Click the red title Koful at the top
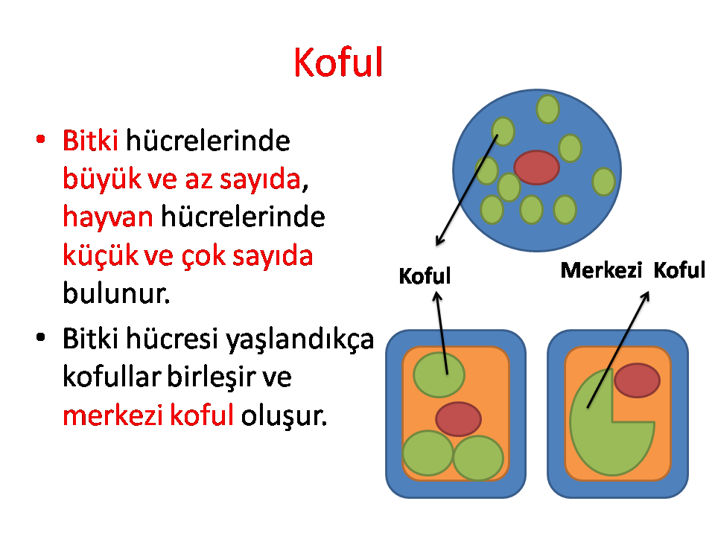[338, 62]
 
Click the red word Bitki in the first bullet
[90, 140]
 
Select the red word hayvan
[107, 217]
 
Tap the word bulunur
[116, 293]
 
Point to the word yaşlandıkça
[300, 339]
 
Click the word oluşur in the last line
[284, 415]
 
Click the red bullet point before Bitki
[40, 139]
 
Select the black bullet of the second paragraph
[40, 337]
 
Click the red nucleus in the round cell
[536, 167]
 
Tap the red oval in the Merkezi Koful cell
[637, 380]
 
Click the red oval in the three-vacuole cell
[458, 419]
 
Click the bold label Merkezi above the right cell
[601, 270]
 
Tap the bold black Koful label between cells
[425, 276]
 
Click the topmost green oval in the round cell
[547, 109]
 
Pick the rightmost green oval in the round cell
[603, 182]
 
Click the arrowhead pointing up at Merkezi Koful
[646, 296]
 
